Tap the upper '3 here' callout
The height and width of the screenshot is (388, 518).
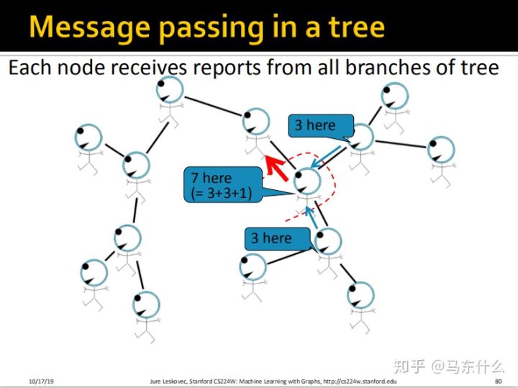(315, 125)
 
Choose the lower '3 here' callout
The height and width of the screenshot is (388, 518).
(272, 238)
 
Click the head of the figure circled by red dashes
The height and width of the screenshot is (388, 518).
(308, 181)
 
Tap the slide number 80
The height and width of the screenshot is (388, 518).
(499, 380)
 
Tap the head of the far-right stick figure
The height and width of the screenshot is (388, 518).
(440, 149)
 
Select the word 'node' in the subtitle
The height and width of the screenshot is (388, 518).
(80, 68)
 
